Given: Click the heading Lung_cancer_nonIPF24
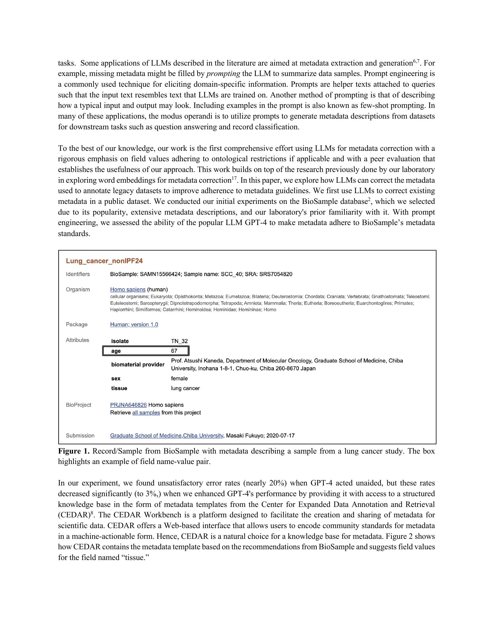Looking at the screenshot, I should point(104,261).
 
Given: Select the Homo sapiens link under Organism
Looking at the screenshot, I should point(128,289).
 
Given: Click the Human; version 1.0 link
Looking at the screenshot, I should point(134,325).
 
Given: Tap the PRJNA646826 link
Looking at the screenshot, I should point(128,405).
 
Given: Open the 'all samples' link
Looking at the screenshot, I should point(146,412).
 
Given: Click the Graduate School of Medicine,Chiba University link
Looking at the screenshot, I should point(166,436).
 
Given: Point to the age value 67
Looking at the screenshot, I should point(174,351).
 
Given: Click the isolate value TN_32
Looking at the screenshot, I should point(179,341).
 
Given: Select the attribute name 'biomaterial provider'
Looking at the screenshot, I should point(137,365).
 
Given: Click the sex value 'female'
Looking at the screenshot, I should point(179,378).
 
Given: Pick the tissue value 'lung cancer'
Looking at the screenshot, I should point(185,388).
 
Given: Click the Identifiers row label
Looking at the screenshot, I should point(78,274).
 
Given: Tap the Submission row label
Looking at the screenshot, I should point(80,436).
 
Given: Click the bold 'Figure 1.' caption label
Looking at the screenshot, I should point(74,451).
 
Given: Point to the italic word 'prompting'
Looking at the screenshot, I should point(223,74).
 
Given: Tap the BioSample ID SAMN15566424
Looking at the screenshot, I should point(160,274).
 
